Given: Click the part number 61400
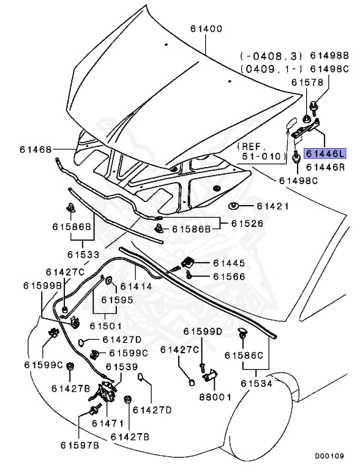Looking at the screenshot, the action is point(206,29).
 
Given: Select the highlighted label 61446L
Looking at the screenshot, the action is point(325,154).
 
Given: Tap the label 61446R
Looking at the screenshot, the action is point(326,167).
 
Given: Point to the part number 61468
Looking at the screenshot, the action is point(36,149).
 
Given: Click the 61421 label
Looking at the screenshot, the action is point(273,206).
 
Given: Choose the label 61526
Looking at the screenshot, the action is point(247,223).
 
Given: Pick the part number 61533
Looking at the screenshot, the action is point(83,255).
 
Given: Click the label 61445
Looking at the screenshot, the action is point(229,263).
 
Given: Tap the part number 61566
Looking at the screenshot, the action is point(229,277).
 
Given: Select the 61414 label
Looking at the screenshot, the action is point(136,286).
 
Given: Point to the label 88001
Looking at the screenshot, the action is point(216,397).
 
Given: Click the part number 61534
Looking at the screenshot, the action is point(257,383).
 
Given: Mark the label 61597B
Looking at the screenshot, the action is point(80,446).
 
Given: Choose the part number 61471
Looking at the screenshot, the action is point(108,423).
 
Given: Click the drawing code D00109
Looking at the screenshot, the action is point(329,456).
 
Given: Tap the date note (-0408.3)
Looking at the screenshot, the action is point(271,56).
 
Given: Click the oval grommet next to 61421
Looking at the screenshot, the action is point(234,206).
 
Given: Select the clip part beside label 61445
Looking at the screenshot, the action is point(187,262).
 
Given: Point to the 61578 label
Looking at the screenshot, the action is point(308,83).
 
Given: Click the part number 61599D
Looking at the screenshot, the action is point(203,332).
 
